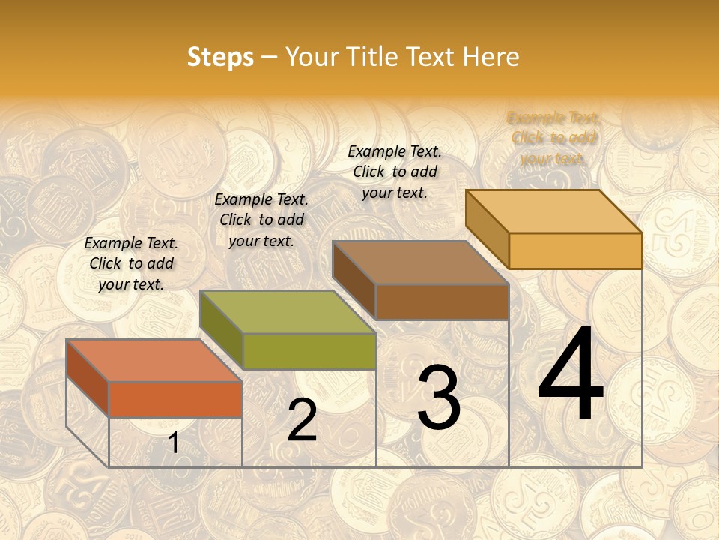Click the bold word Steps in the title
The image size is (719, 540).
[x=220, y=57]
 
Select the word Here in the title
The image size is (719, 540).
[x=491, y=57]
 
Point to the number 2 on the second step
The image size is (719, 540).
[x=302, y=421]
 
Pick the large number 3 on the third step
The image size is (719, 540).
[x=438, y=398]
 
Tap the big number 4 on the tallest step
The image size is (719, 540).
[x=571, y=374]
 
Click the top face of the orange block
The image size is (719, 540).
[x=154, y=361]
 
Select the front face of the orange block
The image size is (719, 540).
[x=175, y=399]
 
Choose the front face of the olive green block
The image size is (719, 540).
[x=309, y=351]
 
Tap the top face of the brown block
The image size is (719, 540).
[x=420, y=262]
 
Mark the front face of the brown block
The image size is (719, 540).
[x=442, y=301]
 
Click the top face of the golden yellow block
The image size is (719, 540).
[x=553, y=211]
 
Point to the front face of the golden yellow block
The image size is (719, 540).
[x=575, y=250]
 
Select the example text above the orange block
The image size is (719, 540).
[x=131, y=264]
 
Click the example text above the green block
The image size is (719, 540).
[x=261, y=220]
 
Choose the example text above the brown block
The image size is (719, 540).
[x=395, y=172]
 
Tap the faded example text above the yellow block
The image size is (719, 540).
[x=553, y=139]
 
